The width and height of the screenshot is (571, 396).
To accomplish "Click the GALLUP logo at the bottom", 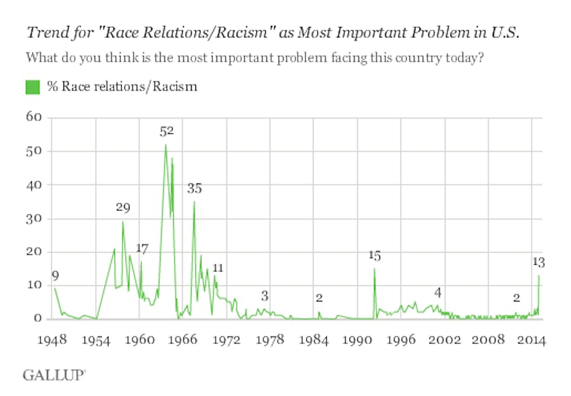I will [54, 375].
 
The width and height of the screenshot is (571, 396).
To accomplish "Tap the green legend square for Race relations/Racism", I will [32, 87].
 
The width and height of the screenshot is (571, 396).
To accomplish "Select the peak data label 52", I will [166, 131].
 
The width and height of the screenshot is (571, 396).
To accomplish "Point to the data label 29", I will [123, 208].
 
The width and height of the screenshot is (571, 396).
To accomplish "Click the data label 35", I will [194, 188].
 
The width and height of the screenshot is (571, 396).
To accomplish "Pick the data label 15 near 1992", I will [374, 255].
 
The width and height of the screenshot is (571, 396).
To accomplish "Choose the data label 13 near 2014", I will [539, 261].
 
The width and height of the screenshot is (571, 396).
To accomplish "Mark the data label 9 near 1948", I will [55, 275].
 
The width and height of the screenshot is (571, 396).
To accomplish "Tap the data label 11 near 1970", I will [218, 267].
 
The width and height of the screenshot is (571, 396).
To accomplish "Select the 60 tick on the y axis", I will [34, 117].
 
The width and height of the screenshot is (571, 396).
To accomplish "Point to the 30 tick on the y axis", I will [34, 218].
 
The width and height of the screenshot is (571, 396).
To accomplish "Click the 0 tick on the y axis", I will [37, 319].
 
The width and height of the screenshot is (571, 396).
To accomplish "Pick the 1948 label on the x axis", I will [52, 340].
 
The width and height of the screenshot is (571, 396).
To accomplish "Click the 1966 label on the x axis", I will [183, 340].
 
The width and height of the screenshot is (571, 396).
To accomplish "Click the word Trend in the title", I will [43, 34].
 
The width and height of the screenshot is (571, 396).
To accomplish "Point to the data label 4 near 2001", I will [437, 292].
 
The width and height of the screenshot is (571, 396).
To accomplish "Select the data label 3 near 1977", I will [265, 296].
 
